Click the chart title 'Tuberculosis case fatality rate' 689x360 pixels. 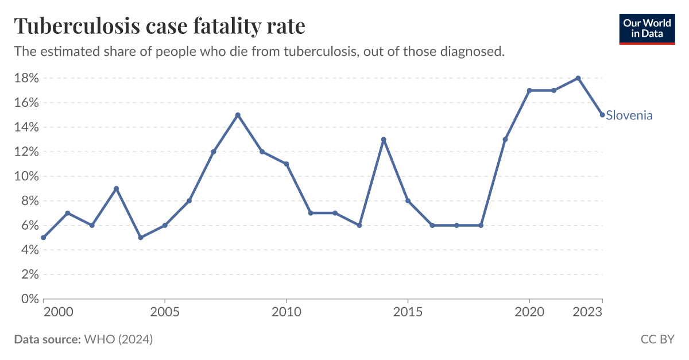160,26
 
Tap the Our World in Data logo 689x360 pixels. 647,26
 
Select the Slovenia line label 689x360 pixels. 629,115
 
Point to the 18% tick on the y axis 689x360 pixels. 26,78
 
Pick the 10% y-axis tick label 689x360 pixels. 26,176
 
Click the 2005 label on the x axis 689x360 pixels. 165,312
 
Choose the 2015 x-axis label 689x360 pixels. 408,312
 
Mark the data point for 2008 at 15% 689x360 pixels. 238,115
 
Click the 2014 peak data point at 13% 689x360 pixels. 384,140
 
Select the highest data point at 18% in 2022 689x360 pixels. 578,78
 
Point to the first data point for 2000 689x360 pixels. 44,238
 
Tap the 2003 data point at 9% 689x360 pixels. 117,188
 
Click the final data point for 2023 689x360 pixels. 602,115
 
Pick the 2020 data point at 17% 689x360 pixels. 529,90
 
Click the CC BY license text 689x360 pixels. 657,339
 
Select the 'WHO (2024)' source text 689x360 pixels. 118,339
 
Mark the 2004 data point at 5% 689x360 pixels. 141,238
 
